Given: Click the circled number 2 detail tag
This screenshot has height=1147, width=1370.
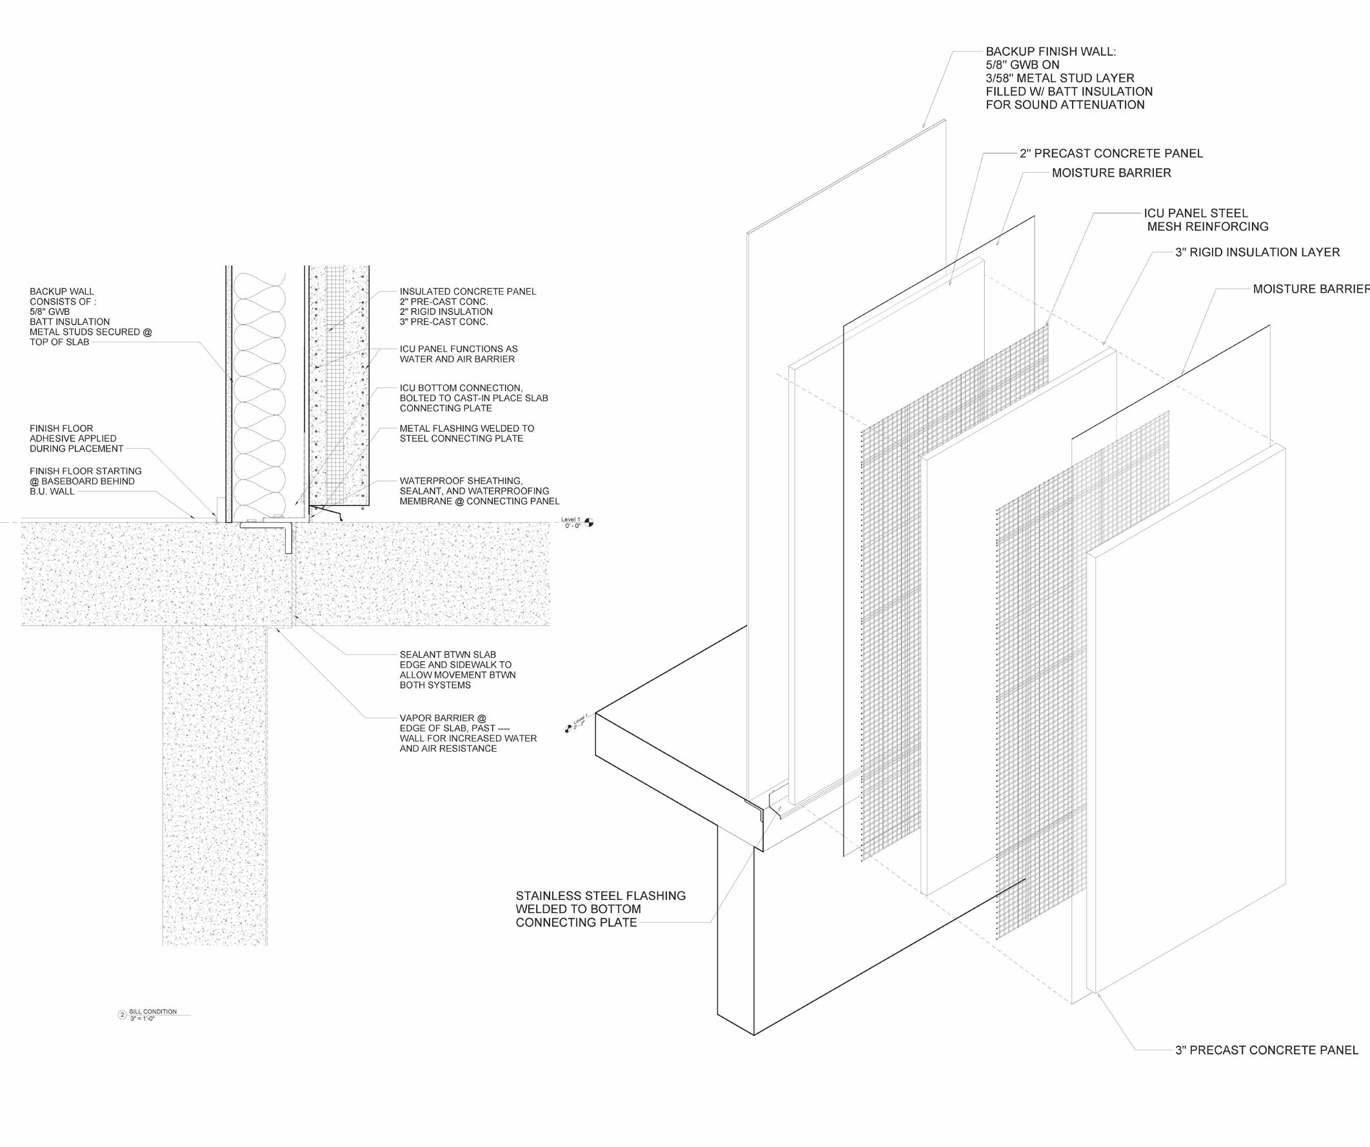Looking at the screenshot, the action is [121, 1015].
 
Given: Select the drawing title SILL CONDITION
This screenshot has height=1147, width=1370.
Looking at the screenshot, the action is [153, 1012].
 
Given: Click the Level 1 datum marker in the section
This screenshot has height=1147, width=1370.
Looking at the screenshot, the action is [589, 522].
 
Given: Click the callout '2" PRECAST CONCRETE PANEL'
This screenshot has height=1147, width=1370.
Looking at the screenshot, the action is [1111, 153].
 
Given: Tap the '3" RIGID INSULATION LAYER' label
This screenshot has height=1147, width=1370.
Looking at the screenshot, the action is [1257, 252].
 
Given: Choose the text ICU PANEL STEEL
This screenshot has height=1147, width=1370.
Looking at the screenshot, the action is [1195, 213].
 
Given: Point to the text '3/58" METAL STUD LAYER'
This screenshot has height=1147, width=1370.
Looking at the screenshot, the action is [1060, 78].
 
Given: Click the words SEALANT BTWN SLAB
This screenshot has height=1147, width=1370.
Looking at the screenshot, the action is [448, 654].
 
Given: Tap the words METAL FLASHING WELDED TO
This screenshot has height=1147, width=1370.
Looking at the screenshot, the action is [466, 428].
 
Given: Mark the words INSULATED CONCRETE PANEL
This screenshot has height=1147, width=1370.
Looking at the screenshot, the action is [468, 291].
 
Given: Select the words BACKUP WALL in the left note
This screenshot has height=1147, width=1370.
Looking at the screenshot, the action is [61, 291].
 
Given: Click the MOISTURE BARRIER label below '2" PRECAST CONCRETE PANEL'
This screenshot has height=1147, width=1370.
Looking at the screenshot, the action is [1111, 173].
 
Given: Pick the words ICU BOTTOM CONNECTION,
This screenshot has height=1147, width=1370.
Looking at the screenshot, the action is [461, 388].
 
